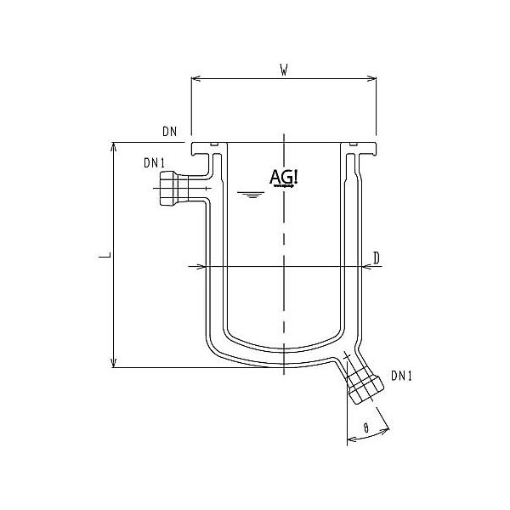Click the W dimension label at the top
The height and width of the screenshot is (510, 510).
coord(282,69)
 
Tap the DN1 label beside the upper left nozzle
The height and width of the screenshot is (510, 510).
coord(154,163)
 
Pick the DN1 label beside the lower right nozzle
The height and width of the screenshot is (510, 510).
coord(402,375)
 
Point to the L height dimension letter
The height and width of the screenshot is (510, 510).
coord(100,255)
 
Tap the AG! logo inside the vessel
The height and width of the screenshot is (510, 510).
coord(283,178)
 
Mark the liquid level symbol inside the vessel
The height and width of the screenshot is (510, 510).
coord(248,195)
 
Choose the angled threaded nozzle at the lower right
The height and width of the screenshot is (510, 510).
coord(364,384)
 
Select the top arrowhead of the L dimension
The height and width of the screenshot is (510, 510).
coord(113,146)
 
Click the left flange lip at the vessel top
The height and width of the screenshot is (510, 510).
coord(204,150)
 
